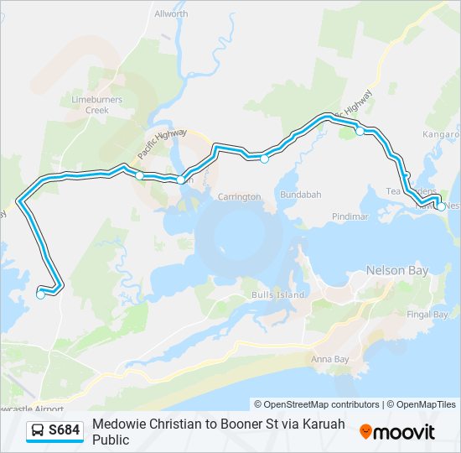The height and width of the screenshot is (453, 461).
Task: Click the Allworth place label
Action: (x=171, y=14)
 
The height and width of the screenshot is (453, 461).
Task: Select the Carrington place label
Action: (x=240, y=196)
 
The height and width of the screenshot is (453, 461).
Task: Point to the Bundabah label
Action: (x=301, y=195)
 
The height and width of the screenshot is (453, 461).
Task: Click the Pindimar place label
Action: (x=350, y=216)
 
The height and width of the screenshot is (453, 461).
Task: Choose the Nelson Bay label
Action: (x=396, y=271)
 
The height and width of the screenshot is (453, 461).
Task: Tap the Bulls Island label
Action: (x=272, y=295)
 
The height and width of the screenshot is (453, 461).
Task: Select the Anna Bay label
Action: (x=329, y=359)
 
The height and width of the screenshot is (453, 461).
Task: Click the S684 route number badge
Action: (x=65, y=431)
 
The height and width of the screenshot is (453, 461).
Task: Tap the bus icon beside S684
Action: (x=38, y=431)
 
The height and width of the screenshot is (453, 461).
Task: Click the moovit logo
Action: (x=397, y=432)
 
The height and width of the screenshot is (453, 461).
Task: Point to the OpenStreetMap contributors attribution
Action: (x=317, y=404)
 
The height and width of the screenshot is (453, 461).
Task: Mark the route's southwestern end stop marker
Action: (x=40, y=294)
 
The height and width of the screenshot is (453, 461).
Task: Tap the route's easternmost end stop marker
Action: (x=442, y=206)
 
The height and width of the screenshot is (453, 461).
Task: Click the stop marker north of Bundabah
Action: (x=264, y=159)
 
